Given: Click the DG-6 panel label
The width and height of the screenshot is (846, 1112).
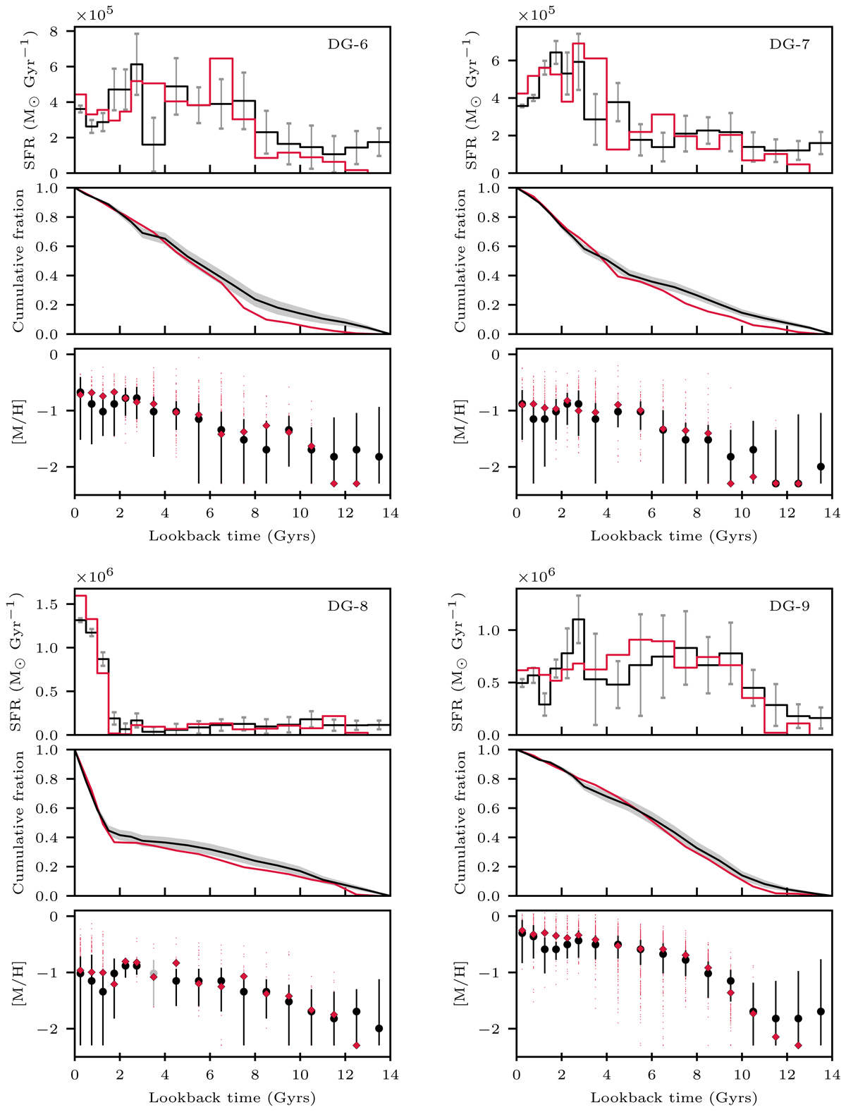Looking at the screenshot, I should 348,44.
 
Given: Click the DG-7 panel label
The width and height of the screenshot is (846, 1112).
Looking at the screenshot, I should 790,44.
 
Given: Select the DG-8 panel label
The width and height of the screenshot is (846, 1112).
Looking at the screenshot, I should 348,606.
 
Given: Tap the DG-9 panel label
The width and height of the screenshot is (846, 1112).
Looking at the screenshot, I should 790,606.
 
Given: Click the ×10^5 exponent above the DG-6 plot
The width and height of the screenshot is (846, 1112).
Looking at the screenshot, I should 96,14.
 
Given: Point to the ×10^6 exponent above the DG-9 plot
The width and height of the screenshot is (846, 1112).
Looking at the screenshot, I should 538,575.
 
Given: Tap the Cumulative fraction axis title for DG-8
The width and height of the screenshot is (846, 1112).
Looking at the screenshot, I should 19,822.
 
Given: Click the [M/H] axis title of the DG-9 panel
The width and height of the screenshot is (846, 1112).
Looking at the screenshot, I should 461,984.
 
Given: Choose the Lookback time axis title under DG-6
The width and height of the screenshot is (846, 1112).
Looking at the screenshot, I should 232,536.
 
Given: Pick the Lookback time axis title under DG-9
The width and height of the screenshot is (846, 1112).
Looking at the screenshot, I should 674,1098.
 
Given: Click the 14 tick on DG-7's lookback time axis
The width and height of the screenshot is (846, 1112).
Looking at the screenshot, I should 832,513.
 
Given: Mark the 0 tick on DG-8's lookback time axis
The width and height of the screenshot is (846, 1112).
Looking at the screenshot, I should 75,1075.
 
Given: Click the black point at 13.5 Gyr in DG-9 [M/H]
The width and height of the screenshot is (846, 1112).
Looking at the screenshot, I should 821,1011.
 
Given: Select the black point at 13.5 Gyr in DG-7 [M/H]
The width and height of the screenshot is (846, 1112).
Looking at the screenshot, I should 821,467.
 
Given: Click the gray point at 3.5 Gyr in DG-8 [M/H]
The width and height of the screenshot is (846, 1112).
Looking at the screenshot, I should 154,974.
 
